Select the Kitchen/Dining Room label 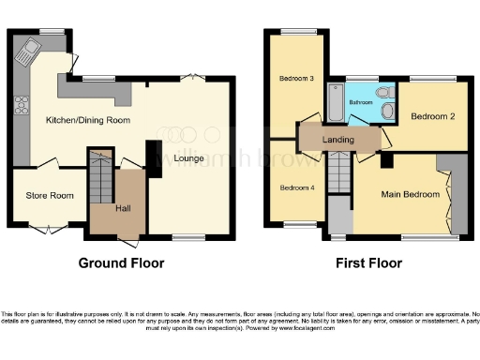[89, 120]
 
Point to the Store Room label [50, 196]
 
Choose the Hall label [123, 208]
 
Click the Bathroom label [361, 101]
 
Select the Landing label [337, 140]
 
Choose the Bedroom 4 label [295, 187]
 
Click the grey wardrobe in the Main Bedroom [457, 192]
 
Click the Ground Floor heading [121, 262]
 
